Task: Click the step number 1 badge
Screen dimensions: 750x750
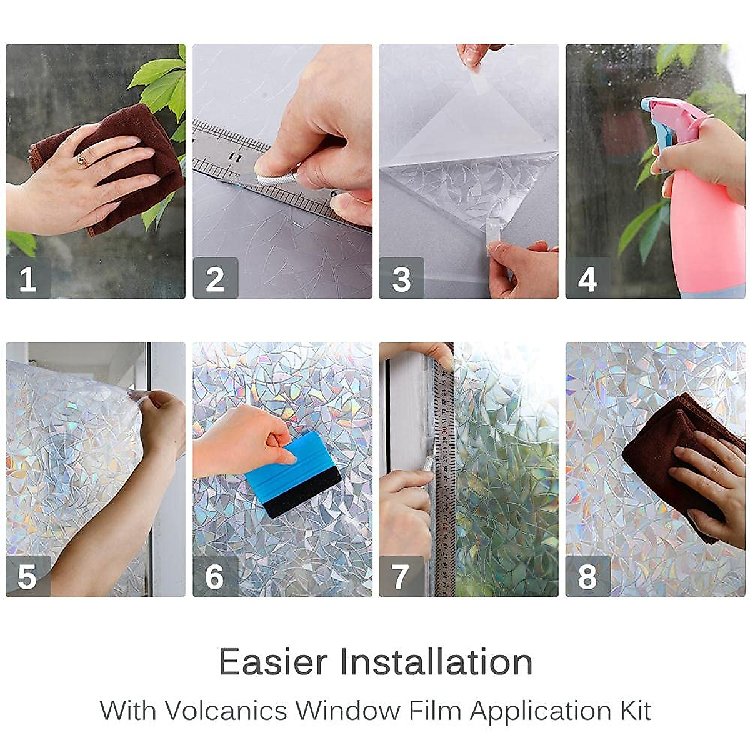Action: [x=28, y=279]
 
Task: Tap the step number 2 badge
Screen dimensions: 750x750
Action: [x=215, y=279]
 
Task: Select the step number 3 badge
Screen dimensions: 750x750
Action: [x=401, y=279]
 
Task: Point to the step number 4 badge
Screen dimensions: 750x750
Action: [x=587, y=279]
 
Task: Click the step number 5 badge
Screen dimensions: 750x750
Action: [x=28, y=576]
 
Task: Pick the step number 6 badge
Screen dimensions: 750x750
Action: [x=215, y=576]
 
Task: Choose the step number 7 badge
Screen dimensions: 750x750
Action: [x=401, y=576]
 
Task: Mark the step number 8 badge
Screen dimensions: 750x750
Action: [x=587, y=576]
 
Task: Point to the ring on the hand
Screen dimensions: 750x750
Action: [x=82, y=161]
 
